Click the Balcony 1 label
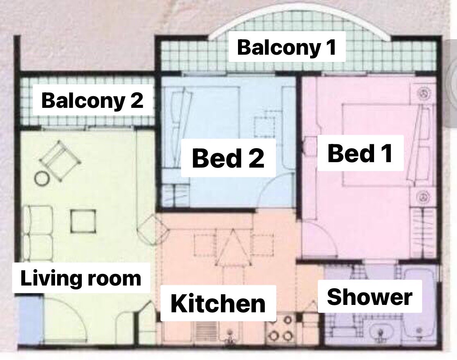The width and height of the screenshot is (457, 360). click(287, 47)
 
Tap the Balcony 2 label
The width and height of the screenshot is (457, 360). click(92, 100)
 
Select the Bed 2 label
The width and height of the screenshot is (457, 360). click(228, 158)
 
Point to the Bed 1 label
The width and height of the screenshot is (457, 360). click(360, 153)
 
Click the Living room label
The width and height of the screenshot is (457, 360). click(81, 278)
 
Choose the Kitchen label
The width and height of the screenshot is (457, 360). click(218, 303)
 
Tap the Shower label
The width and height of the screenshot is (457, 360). click(369, 297)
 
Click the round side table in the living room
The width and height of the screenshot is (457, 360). click(41, 178)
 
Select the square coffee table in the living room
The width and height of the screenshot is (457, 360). click(83, 221)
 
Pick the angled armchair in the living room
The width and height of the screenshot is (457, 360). click(60, 161)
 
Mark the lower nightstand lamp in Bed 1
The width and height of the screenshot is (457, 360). click(424, 197)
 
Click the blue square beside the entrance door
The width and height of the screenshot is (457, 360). click(30, 320)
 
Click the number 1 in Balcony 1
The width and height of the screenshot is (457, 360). click(331, 47)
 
